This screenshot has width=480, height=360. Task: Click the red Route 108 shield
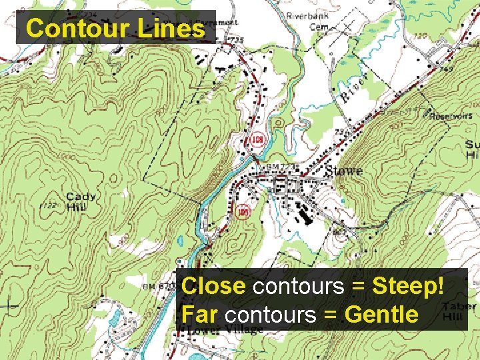tap(256, 140)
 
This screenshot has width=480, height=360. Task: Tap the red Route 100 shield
tap(243, 212)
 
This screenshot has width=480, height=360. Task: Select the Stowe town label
tap(343, 171)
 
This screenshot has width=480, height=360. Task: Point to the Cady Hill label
tap(81, 202)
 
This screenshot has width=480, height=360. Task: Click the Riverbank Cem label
tap(307, 21)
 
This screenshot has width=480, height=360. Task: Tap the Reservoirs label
tap(451, 116)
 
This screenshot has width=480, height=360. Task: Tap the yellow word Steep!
tap(407, 287)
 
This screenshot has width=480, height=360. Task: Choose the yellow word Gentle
tap(381, 314)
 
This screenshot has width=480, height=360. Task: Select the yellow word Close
tap(213, 287)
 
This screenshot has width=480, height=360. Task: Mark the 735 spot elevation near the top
tap(237, 41)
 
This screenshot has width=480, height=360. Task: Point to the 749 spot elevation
tap(447, 69)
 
